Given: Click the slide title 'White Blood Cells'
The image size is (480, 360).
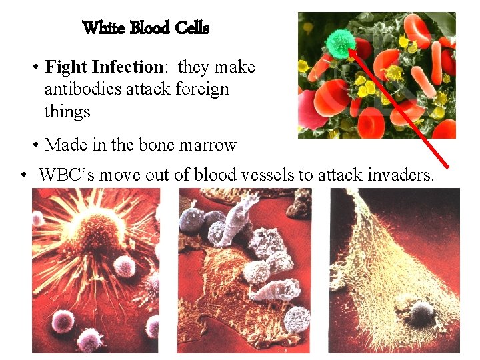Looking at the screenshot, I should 145,29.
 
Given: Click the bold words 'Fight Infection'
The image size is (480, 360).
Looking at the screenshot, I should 104,67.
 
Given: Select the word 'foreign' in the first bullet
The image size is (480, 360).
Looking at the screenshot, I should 202,89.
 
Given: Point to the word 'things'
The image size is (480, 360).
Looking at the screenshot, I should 67,111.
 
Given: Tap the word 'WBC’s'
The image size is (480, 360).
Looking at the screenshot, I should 61,175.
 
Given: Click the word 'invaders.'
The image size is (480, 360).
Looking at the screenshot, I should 402,175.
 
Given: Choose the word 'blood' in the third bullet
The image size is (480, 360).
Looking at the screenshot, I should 224,175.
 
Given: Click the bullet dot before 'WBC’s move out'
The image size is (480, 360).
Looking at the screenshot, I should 23,176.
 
